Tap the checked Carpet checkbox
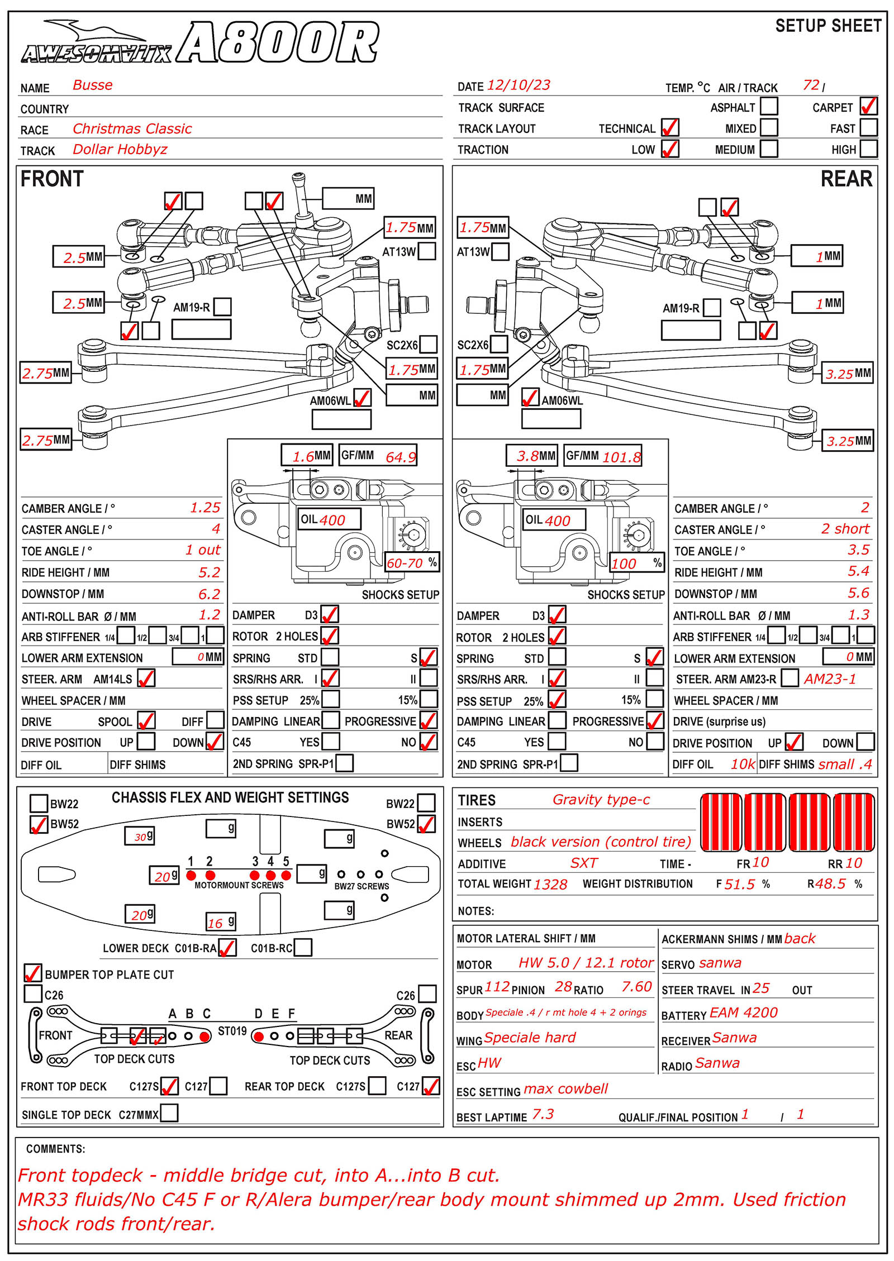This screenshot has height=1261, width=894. click(868, 106)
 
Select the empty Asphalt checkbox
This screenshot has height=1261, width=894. click(769, 106)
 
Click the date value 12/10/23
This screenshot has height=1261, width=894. click(519, 85)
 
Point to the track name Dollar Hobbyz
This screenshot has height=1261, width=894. click(120, 150)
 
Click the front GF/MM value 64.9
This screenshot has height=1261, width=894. click(401, 457)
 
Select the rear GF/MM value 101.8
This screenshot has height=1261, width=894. click(621, 457)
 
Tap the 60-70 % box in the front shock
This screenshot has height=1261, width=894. click(412, 562)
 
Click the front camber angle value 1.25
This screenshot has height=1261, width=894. click(205, 508)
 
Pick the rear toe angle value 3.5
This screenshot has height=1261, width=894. click(858, 550)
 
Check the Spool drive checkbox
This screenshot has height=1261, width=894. click(146, 720)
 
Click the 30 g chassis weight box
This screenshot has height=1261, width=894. click(140, 836)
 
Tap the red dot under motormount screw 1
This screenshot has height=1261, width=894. click(191, 875)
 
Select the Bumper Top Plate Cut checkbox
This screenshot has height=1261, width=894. click(33, 973)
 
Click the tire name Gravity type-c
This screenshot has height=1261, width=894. click(601, 800)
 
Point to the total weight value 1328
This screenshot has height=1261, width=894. click(550, 885)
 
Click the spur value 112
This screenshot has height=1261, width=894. click(497, 987)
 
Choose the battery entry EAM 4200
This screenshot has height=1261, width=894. click(743, 1013)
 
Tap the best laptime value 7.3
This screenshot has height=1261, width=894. click(543, 1115)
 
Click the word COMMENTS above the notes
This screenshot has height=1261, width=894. click(55, 1149)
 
